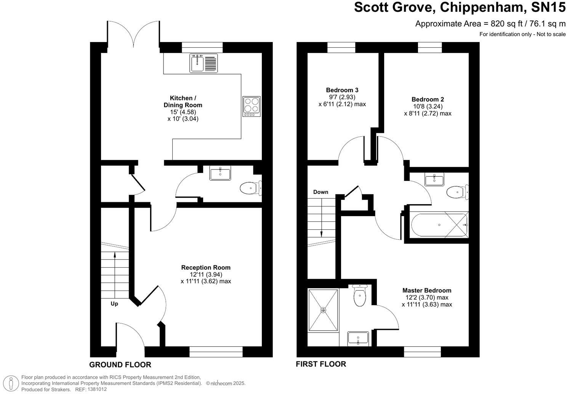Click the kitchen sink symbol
point(203,63)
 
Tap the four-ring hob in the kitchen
point(251,106)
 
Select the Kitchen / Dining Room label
point(183,102)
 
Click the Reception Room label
point(206,268)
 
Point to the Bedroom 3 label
point(342,90)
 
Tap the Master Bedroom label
point(427,291)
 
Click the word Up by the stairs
point(114,304)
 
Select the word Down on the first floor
point(320,192)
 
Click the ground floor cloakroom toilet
point(250,188)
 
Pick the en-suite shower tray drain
point(324,310)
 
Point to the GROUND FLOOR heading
point(120,365)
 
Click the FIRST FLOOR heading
point(321,364)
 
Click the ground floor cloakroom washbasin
point(220,174)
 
